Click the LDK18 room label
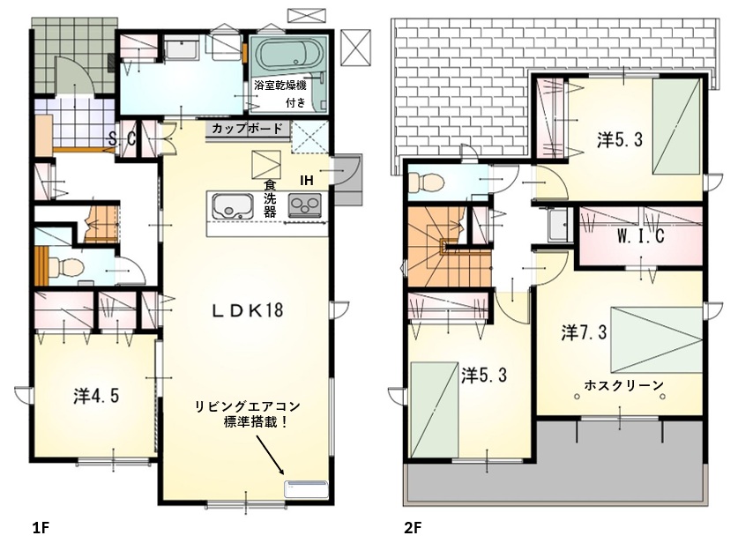click(x=247, y=310)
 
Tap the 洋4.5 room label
click(x=96, y=396)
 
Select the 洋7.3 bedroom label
click(x=584, y=332)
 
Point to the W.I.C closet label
click(x=641, y=235)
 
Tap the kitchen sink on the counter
click(x=233, y=206)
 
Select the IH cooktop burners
click(x=305, y=205)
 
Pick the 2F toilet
click(x=426, y=182)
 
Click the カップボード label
click(x=247, y=128)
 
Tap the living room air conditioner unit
click(x=307, y=489)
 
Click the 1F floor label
click(x=41, y=528)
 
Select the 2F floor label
click(x=413, y=528)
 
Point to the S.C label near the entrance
click(x=122, y=138)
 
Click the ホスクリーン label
click(x=623, y=385)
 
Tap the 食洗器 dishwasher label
click(x=270, y=198)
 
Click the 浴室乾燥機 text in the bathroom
click(x=280, y=86)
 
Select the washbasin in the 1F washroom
click(x=182, y=50)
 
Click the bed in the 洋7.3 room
click(x=656, y=339)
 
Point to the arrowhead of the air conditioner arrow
click(x=282, y=472)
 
